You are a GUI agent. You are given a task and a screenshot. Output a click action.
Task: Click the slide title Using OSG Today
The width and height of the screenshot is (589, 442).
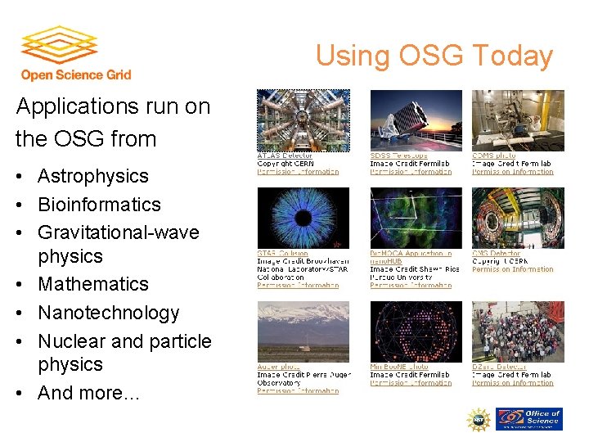pos(434,56)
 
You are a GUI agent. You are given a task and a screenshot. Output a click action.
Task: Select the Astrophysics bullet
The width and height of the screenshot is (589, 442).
pos(92,176)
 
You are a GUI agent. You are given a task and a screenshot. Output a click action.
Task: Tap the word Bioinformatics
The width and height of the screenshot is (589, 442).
pos(99,204)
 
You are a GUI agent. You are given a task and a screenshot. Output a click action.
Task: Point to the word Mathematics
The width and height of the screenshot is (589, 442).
pos(93,284)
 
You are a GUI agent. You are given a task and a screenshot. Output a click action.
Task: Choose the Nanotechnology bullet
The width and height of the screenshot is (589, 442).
pos(108,313)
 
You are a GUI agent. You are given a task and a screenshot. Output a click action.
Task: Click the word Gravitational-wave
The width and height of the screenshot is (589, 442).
pos(119,232)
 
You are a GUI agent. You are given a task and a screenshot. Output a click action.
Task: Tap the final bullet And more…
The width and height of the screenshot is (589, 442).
pos(88,393)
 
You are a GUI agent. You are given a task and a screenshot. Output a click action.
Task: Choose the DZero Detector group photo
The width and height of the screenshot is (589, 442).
pos(518,331)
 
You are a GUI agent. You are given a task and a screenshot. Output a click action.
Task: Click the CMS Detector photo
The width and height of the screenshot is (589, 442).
pos(518,218)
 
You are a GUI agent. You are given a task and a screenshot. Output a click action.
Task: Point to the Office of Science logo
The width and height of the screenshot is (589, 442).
pos(529,419)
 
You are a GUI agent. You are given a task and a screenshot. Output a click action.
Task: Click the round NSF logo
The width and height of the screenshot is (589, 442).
pos(478,419)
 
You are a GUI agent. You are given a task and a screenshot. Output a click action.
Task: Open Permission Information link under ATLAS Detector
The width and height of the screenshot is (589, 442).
pos(298,172)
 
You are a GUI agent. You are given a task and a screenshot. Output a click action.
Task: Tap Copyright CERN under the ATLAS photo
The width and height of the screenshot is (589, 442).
pos(286,164)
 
